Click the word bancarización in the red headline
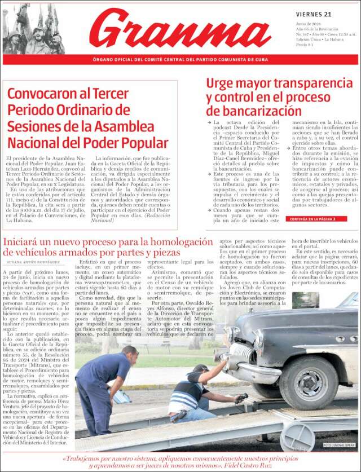pyautogui.click(x=254, y=111)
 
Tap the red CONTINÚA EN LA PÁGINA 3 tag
pyautogui.click(x=311, y=219)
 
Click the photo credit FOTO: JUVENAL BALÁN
pyautogui.click(x=340, y=445)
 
